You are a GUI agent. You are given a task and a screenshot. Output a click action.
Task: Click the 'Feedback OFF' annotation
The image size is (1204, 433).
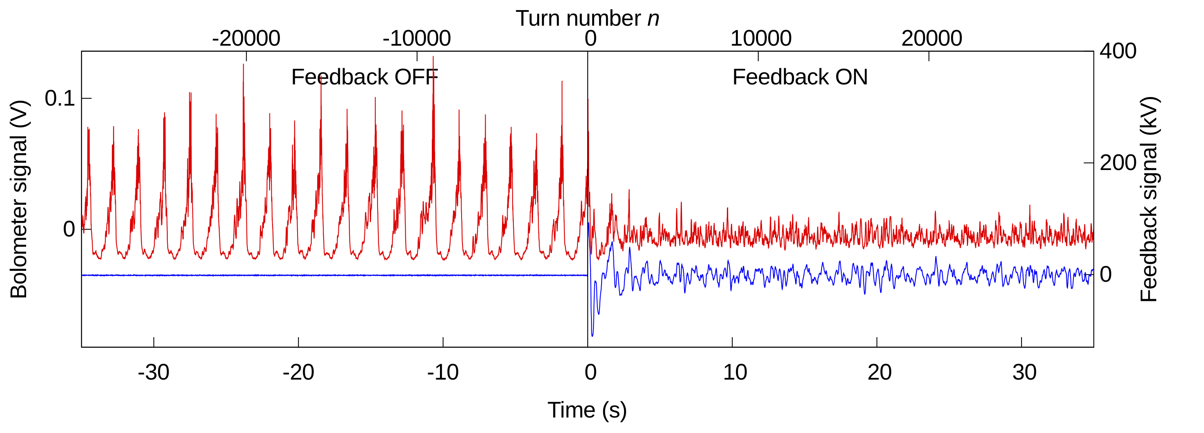(364, 77)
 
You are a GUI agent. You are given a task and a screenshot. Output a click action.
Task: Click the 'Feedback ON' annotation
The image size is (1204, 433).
(800, 77)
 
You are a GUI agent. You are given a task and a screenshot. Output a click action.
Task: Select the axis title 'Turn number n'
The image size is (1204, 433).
(587, 19)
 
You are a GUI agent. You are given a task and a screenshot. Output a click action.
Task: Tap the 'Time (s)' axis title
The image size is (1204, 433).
(587, 410)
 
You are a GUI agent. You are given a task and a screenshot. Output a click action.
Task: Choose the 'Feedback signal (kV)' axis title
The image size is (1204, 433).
(1148, 199)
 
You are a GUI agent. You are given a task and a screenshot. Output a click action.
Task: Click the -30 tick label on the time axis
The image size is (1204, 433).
(153, 372)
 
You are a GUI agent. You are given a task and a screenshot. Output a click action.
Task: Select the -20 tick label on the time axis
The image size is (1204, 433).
(298, 372)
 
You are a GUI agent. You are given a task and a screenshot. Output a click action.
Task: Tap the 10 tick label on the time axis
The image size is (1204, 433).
(735, 372)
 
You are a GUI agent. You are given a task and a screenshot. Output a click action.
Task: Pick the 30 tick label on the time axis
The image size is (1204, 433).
(1024, 372)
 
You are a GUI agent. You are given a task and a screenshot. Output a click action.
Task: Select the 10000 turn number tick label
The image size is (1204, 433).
(761, 38)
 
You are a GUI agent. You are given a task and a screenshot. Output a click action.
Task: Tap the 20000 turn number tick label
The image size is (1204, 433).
(931, 38)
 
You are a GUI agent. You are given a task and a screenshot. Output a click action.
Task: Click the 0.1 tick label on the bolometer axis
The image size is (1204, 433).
(60, 99)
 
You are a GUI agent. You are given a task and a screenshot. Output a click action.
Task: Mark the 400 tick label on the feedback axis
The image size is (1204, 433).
(1118, 51)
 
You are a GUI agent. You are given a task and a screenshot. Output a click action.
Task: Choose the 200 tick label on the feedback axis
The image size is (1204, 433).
(1118, 163)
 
